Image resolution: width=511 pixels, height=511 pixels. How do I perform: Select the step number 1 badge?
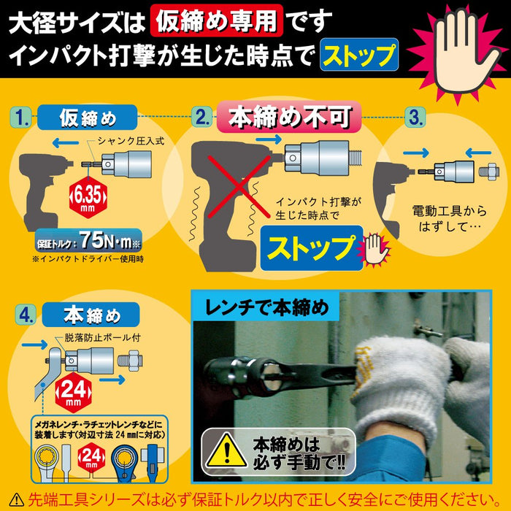pos(23,115)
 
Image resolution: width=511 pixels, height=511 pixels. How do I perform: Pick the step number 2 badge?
pos(202,116)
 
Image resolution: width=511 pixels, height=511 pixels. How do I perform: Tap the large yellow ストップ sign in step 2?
pos(312,247)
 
